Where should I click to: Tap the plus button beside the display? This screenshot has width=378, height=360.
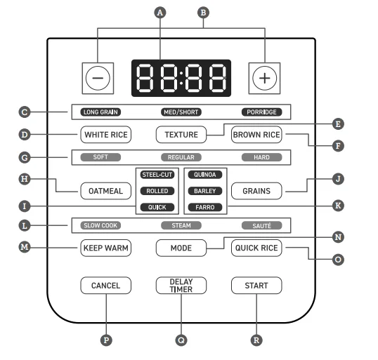(x=264, y=79)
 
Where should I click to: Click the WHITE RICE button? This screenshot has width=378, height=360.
(x=106, y=135)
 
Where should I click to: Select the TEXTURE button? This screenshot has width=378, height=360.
(x=181, y=135)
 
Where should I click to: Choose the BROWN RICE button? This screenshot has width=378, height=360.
(x=256, y=135)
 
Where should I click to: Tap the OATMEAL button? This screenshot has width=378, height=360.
(x=106, y=191)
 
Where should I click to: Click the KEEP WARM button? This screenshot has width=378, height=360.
(x=106, y=248)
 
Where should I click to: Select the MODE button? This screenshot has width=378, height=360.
(x=181, y=248)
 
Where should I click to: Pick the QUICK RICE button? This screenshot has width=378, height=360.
(x=256, y=248)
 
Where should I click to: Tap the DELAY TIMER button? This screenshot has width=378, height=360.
(x=181, y=286)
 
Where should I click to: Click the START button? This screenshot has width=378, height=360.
(x=256, y=286)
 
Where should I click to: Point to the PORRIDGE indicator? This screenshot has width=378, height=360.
(x=261, y=112)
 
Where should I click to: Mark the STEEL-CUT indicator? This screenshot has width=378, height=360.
(x=157, y=175)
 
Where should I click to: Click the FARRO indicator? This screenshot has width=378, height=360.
(x=205, y=207)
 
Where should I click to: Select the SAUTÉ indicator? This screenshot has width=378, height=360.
(x=261, y=225)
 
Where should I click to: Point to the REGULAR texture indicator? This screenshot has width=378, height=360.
(x=181, y=157)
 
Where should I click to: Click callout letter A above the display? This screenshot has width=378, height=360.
(x=160, y=13)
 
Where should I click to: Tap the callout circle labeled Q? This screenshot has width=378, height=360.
(x=181, y=340)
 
